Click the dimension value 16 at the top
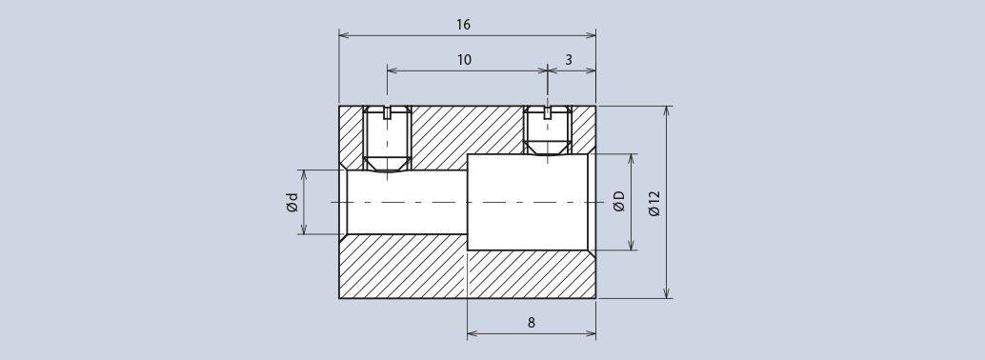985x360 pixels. (x=463, y=25)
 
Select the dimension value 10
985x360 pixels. (x=464, y=60)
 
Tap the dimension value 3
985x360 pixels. (x=569, y=60)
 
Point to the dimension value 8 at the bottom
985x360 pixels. (x=531, y=323)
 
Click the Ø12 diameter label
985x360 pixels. (x=653, y=203)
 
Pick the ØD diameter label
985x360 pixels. (x=619, y=202)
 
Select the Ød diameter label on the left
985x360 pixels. (x=292, y=202)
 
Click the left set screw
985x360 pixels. (x=387, y=139)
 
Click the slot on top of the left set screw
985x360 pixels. (x=387, y=111)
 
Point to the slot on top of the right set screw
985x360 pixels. (x=547, y=111)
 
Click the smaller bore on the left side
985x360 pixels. (x=405, y=202)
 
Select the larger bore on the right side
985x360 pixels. (x=527, y=202)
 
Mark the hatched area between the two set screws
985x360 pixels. (x=467, y=129)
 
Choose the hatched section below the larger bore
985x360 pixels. (x=531, y=275)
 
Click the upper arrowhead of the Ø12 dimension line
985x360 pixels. (x=666, y=111)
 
